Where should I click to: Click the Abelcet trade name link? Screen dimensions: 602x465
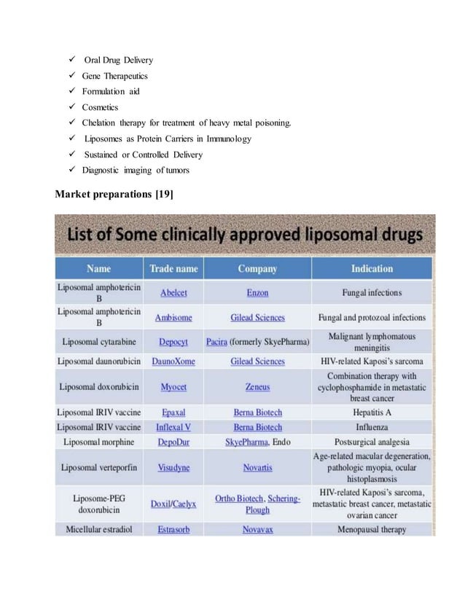(x=173, y=293)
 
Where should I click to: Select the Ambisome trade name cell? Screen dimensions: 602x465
(x=173, y=318)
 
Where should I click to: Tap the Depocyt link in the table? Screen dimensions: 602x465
(x=173, y=342)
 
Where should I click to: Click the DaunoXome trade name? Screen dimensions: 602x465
(x=173, y=361)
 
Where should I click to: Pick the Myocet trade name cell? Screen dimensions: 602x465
(x=173, y=387)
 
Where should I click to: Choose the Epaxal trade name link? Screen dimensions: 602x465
(x=173, y=413)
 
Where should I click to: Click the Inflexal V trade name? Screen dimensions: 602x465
(x=173, y=427)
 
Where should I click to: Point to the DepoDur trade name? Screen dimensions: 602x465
(x=173, y=442)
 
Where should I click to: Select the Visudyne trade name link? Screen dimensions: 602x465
(x=173, y=467)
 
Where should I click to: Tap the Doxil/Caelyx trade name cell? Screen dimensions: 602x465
(x=173, y=504)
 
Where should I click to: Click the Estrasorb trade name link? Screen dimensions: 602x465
(x=173, y=530)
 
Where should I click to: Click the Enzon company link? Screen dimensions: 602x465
(x=257, y=293)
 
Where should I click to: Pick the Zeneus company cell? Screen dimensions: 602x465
(x=257, y=387)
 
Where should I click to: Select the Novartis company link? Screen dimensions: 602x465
(x=257, y=467)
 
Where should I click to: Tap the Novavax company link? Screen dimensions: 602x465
(x=257, y=530)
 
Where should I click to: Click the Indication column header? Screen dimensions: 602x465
(x=372, y=269)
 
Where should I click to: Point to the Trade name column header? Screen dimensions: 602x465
(x=173, y=269)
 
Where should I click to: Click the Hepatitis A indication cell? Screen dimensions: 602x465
(x=372, y=413)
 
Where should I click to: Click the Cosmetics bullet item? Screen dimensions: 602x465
(x=100, y=107)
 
